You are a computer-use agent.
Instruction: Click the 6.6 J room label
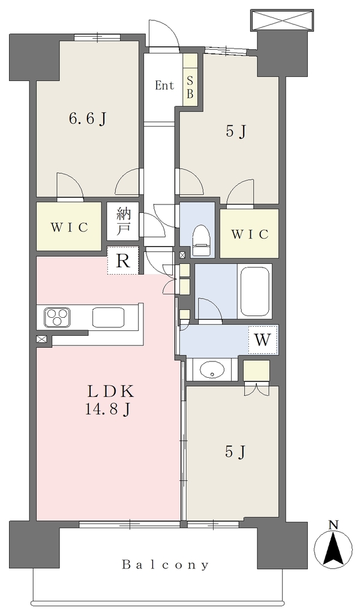click(x=88, y=119)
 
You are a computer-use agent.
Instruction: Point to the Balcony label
click(x=166, y=564)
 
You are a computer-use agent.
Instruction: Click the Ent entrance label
click(x=164, y=85)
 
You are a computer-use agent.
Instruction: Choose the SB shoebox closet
click(x=190, y=79)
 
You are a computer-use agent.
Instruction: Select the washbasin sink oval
click(x=212, y=369)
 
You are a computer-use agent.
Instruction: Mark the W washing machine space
click(x=263, y=340)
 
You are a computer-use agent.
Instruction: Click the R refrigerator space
click(x=123, y=260)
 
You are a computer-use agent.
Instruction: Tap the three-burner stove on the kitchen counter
click(x=58, y=317)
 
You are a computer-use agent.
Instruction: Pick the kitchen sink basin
click(x=109, y=317)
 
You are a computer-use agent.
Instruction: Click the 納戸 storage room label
click(x=122, y=221)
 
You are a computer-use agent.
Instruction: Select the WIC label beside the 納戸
click(x=68, y=227)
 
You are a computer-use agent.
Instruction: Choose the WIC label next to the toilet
click(x=250, y=234)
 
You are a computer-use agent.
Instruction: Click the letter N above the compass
click(x=334, y=525)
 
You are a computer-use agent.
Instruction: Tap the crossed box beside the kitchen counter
click(x=41, y=339)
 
